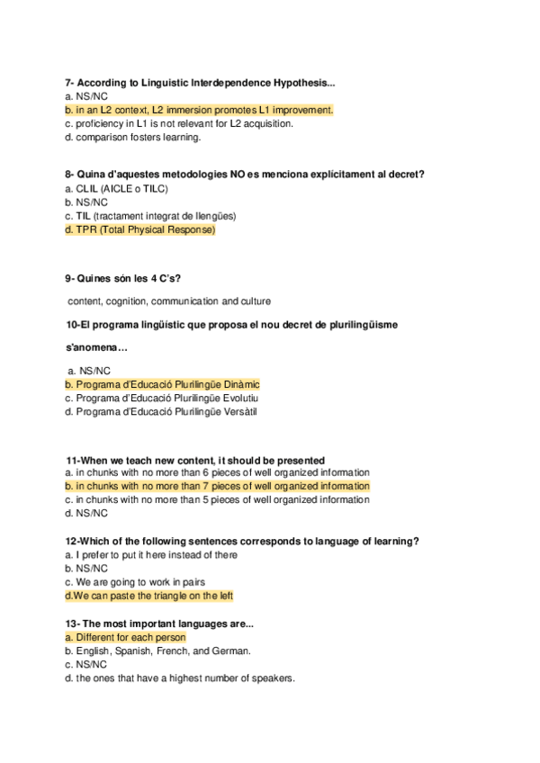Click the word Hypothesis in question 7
[x=305, y=84]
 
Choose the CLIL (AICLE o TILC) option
[x=116, y=189]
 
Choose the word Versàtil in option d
[x=238, y=412]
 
